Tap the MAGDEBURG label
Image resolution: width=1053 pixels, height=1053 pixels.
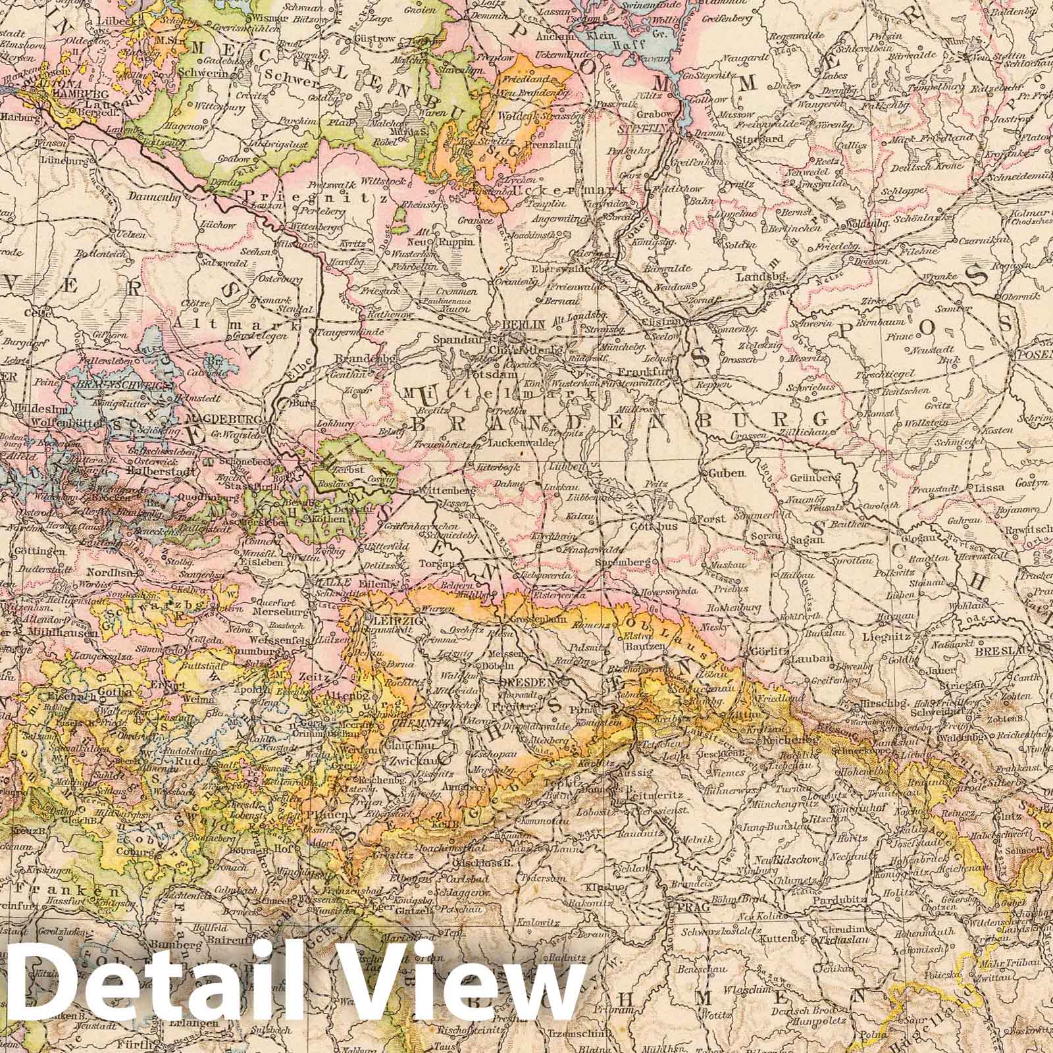(218, 419)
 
